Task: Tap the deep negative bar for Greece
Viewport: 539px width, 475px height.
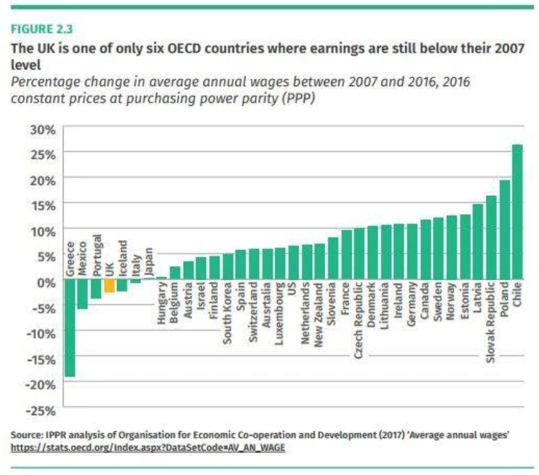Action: click(x=69, y=329)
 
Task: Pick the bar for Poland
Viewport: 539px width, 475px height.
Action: click(x=504, y=230)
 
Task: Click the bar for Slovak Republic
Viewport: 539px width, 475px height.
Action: click(x=491, y=238)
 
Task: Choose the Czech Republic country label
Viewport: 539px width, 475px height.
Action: click(x=359, y=319)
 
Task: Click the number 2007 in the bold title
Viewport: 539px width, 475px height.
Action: click(x=507, y=50)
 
